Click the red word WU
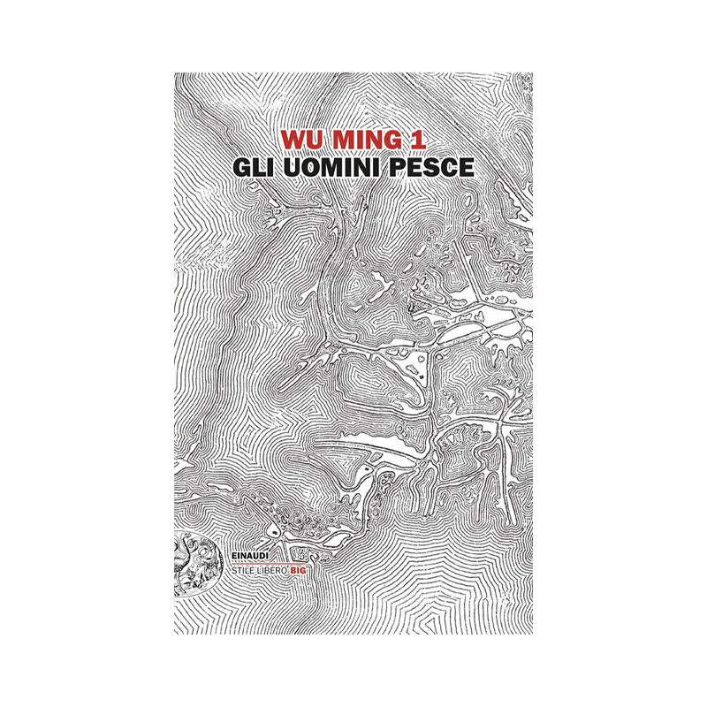click(300, 140)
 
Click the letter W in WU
click(292, 140)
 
